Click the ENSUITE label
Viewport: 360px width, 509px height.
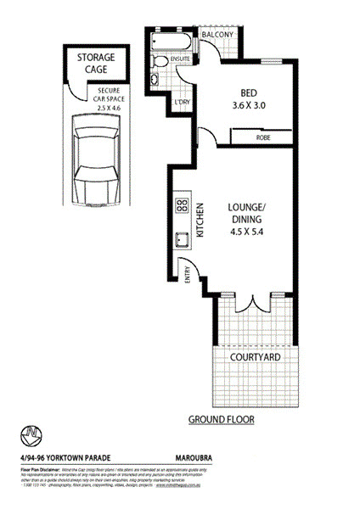[180, 59]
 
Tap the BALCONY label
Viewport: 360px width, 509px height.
[217, 36]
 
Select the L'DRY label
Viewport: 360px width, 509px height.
[182, 102]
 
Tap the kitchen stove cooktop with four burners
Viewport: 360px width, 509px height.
[182, 204]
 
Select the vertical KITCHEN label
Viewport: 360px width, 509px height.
[200, 220]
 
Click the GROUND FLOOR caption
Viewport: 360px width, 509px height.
[221, 419]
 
